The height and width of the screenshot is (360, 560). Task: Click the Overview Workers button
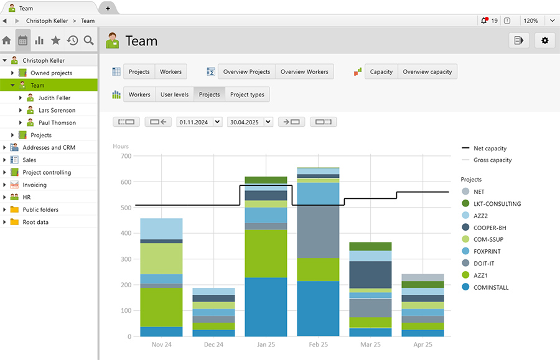pos(304,72)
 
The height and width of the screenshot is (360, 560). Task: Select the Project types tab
pos(247,95)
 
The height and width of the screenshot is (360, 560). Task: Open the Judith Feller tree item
pos(54,98)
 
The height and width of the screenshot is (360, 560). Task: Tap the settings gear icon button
pos(545,40)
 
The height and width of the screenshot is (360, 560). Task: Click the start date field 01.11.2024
pos(194,122)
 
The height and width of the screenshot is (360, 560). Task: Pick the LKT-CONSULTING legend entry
pos(497,204)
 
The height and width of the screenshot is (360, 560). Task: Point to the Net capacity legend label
pos(490,149)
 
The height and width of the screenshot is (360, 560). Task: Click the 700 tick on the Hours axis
pos(126,156)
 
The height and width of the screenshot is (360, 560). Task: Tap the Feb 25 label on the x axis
pos(318,344)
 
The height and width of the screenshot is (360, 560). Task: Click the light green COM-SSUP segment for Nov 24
pos(161,258)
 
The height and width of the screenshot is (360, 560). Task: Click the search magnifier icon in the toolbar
pos(89,40)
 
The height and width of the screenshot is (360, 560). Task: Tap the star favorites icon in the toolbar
pos(55,40)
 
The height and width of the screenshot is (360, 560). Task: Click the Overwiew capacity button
pos(427,72)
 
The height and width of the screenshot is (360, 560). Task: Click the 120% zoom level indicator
pos(530,21)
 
